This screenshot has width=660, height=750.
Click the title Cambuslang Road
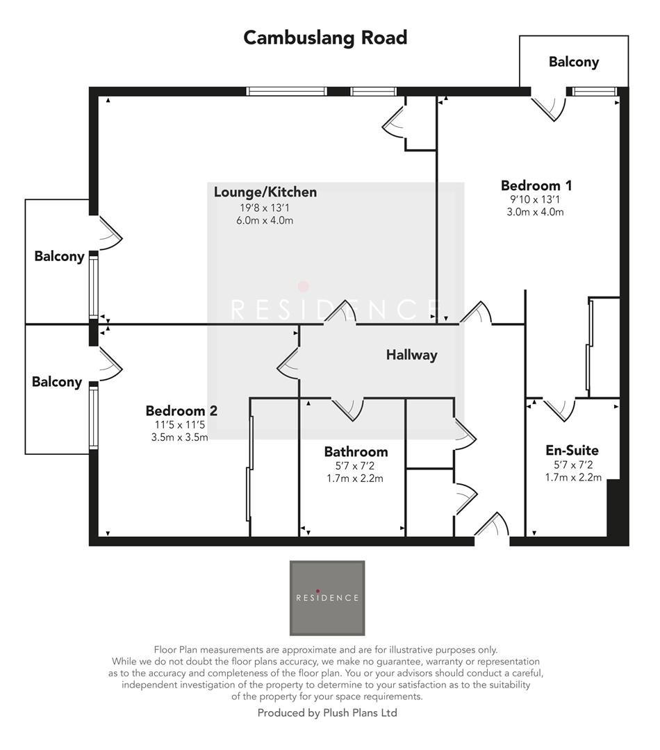(x=325, y=37)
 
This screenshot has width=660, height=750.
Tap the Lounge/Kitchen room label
(x=265, y=192)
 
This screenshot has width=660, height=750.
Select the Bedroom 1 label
(x=536, y=185)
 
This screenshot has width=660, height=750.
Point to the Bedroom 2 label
(x=181, y=410)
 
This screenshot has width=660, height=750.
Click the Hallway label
(x=411, y=355)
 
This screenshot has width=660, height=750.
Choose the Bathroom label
(x=355, y=451)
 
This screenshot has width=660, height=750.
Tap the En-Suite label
(x=572, y=450)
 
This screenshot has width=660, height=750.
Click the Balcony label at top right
(x=573, y=62)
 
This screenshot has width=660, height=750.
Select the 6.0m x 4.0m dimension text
(x=265, y=221)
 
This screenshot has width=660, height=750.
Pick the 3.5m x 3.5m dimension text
(x=179, y=437)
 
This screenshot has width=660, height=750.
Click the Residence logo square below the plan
(x=327, y=598)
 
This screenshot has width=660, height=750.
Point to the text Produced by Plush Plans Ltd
(x=327, y=712)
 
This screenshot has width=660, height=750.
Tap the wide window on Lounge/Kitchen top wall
(x=286, y=91)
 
